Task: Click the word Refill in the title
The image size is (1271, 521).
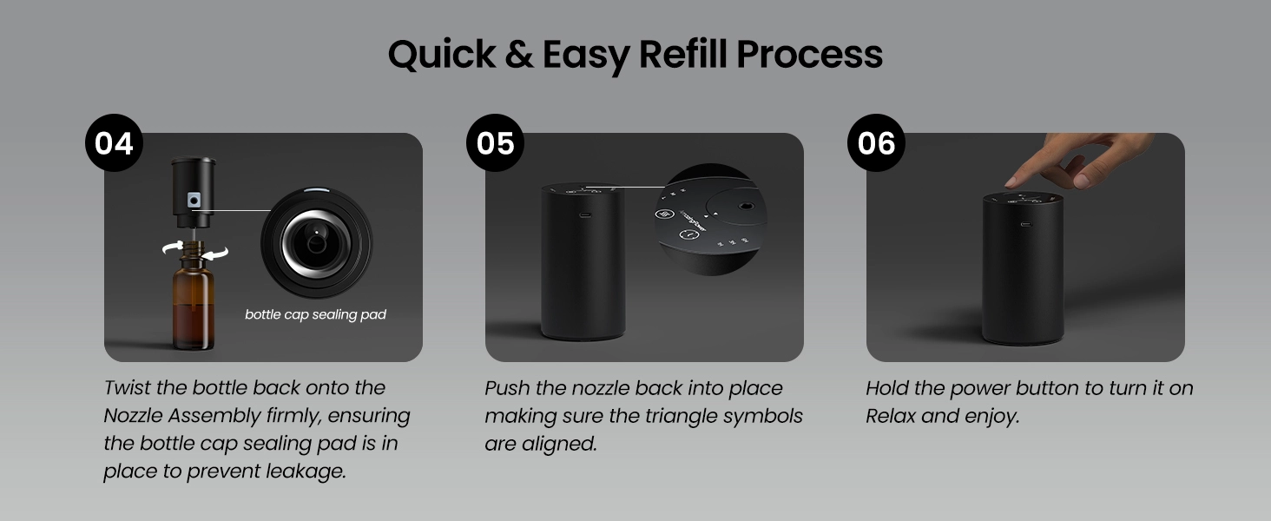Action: click(682, 54)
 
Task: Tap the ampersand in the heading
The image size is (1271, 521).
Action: click(518, 55)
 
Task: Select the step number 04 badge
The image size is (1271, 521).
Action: click(114, 142)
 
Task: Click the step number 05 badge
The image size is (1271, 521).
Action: click(496, 142)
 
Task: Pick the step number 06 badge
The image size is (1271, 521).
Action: click(876, 142)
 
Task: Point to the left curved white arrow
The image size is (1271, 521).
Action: click(173, 247)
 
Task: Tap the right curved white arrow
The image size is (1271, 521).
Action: click(215, 254)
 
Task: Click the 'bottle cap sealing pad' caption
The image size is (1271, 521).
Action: click(315, 314)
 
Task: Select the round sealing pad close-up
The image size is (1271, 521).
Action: click(316, 243)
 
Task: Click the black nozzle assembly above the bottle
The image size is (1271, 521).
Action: click(194, 193)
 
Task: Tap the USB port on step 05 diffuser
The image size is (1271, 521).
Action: click(585, 215)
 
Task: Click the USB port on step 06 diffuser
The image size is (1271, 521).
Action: click(1026, 224)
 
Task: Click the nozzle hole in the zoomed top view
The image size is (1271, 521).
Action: click(744, 207)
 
